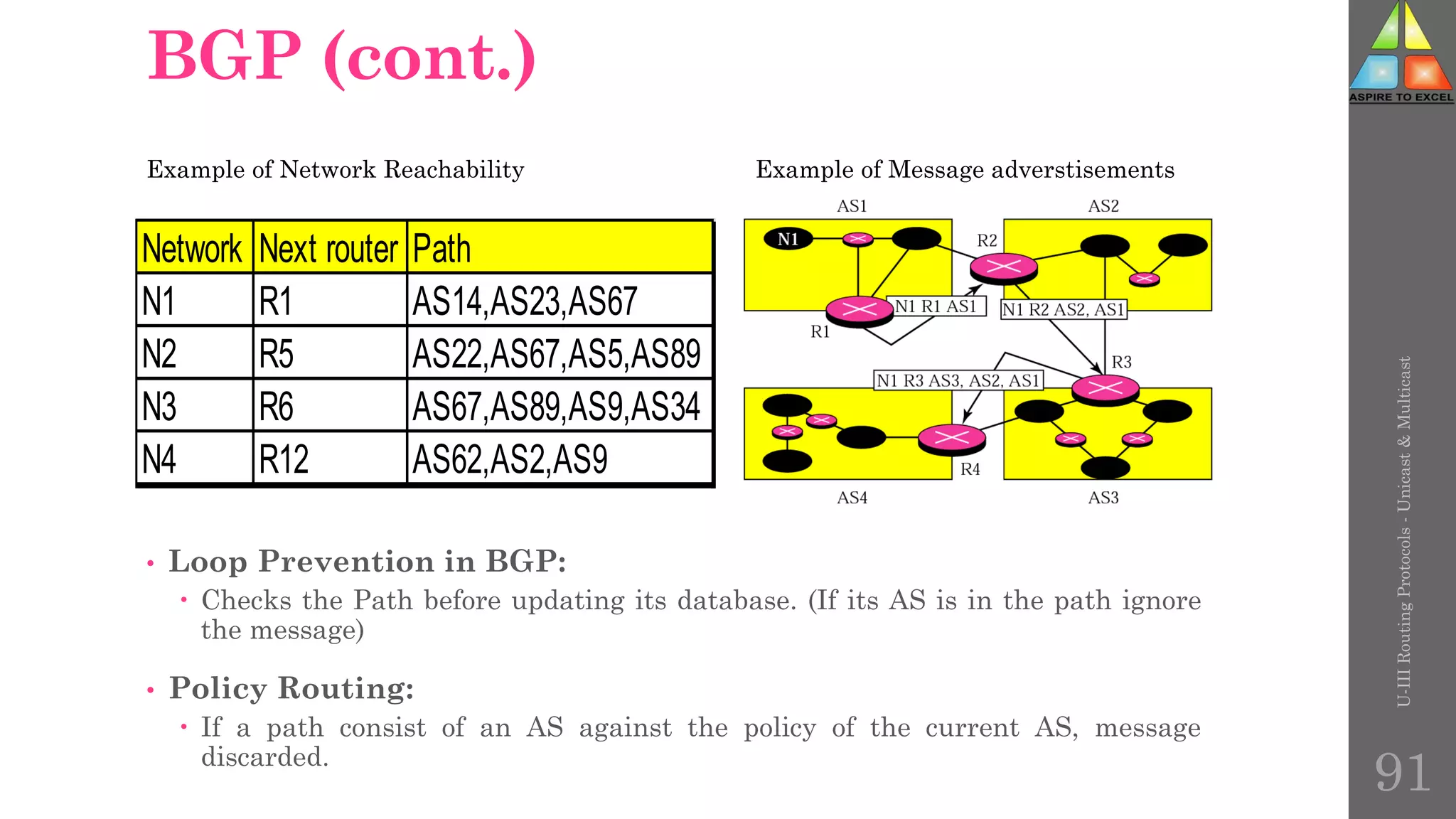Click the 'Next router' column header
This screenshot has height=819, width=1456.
pyautogui.click(x=329, y=249)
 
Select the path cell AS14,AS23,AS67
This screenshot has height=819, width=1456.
pyautogui.click(x=525, y=301)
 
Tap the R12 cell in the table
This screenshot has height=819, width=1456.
pyautogui.click(x=284, y=459)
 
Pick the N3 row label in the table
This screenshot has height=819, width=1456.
pyautogui.click(x=160, y=407)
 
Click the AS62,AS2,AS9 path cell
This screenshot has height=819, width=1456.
pyautogui.click(x=510, y=459)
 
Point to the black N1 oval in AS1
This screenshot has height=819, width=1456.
pyautogui.click(x=788, y=240)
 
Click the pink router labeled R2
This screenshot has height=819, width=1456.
pyautogui.click(x=1003, y=268)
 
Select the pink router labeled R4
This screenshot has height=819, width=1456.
pyautogui.click(x=951, y=439)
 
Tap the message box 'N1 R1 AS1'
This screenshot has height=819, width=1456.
pyautogui.click(x=937, y=306)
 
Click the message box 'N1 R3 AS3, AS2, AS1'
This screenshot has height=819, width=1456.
pyautogui.click(x=958, y=381)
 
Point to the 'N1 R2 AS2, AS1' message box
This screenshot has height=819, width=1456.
pyautogui.click(x=1064, y=310)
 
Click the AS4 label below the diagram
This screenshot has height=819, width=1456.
pyautogui.click(x=852, y=498)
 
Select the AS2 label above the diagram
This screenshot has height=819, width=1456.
pyautogui.click(x=1103, y=206)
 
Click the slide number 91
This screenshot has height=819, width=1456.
pyautogui.click(x=1402, y=773)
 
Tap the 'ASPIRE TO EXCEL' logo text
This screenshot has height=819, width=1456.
pyautogui.click(x=1401, y=97)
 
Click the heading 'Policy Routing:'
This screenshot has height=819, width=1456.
pyautogui.click(x=291, y=688)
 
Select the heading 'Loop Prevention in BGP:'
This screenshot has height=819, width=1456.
pyautogui.click(x=367, y=562)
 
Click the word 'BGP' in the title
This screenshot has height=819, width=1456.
pyautogui.click(x=225, y=56)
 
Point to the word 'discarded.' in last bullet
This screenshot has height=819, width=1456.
pyautogui.click(x=264, y=757)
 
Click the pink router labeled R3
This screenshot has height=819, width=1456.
pyautogui.click(x=1105, y=389)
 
